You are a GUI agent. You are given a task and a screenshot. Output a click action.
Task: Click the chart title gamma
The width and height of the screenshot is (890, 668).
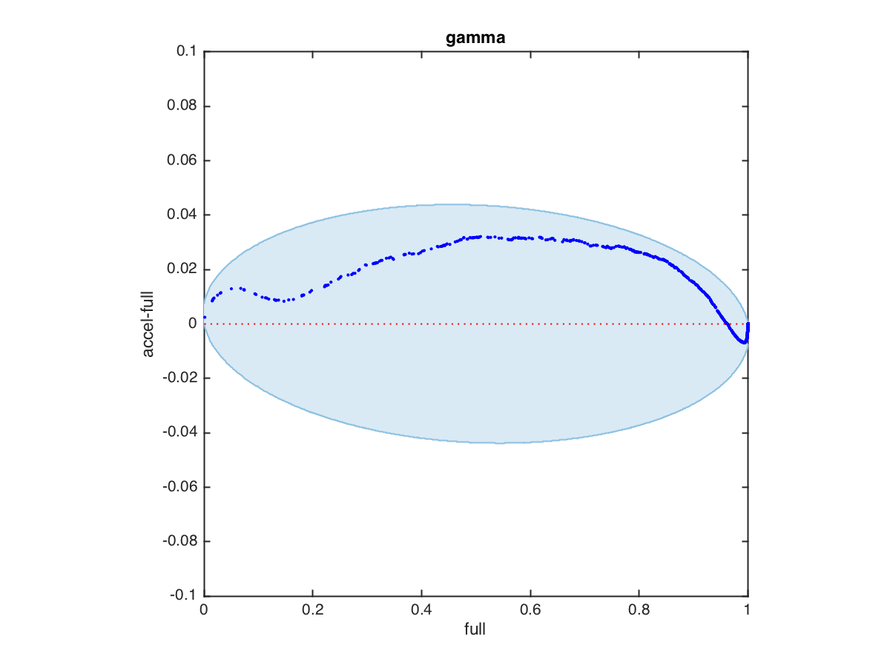click(475, 38)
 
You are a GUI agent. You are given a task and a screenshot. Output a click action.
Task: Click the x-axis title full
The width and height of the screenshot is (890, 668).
click(475, 630)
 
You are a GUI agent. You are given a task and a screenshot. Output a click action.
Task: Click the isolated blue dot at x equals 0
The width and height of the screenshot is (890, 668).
click(205, 318)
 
